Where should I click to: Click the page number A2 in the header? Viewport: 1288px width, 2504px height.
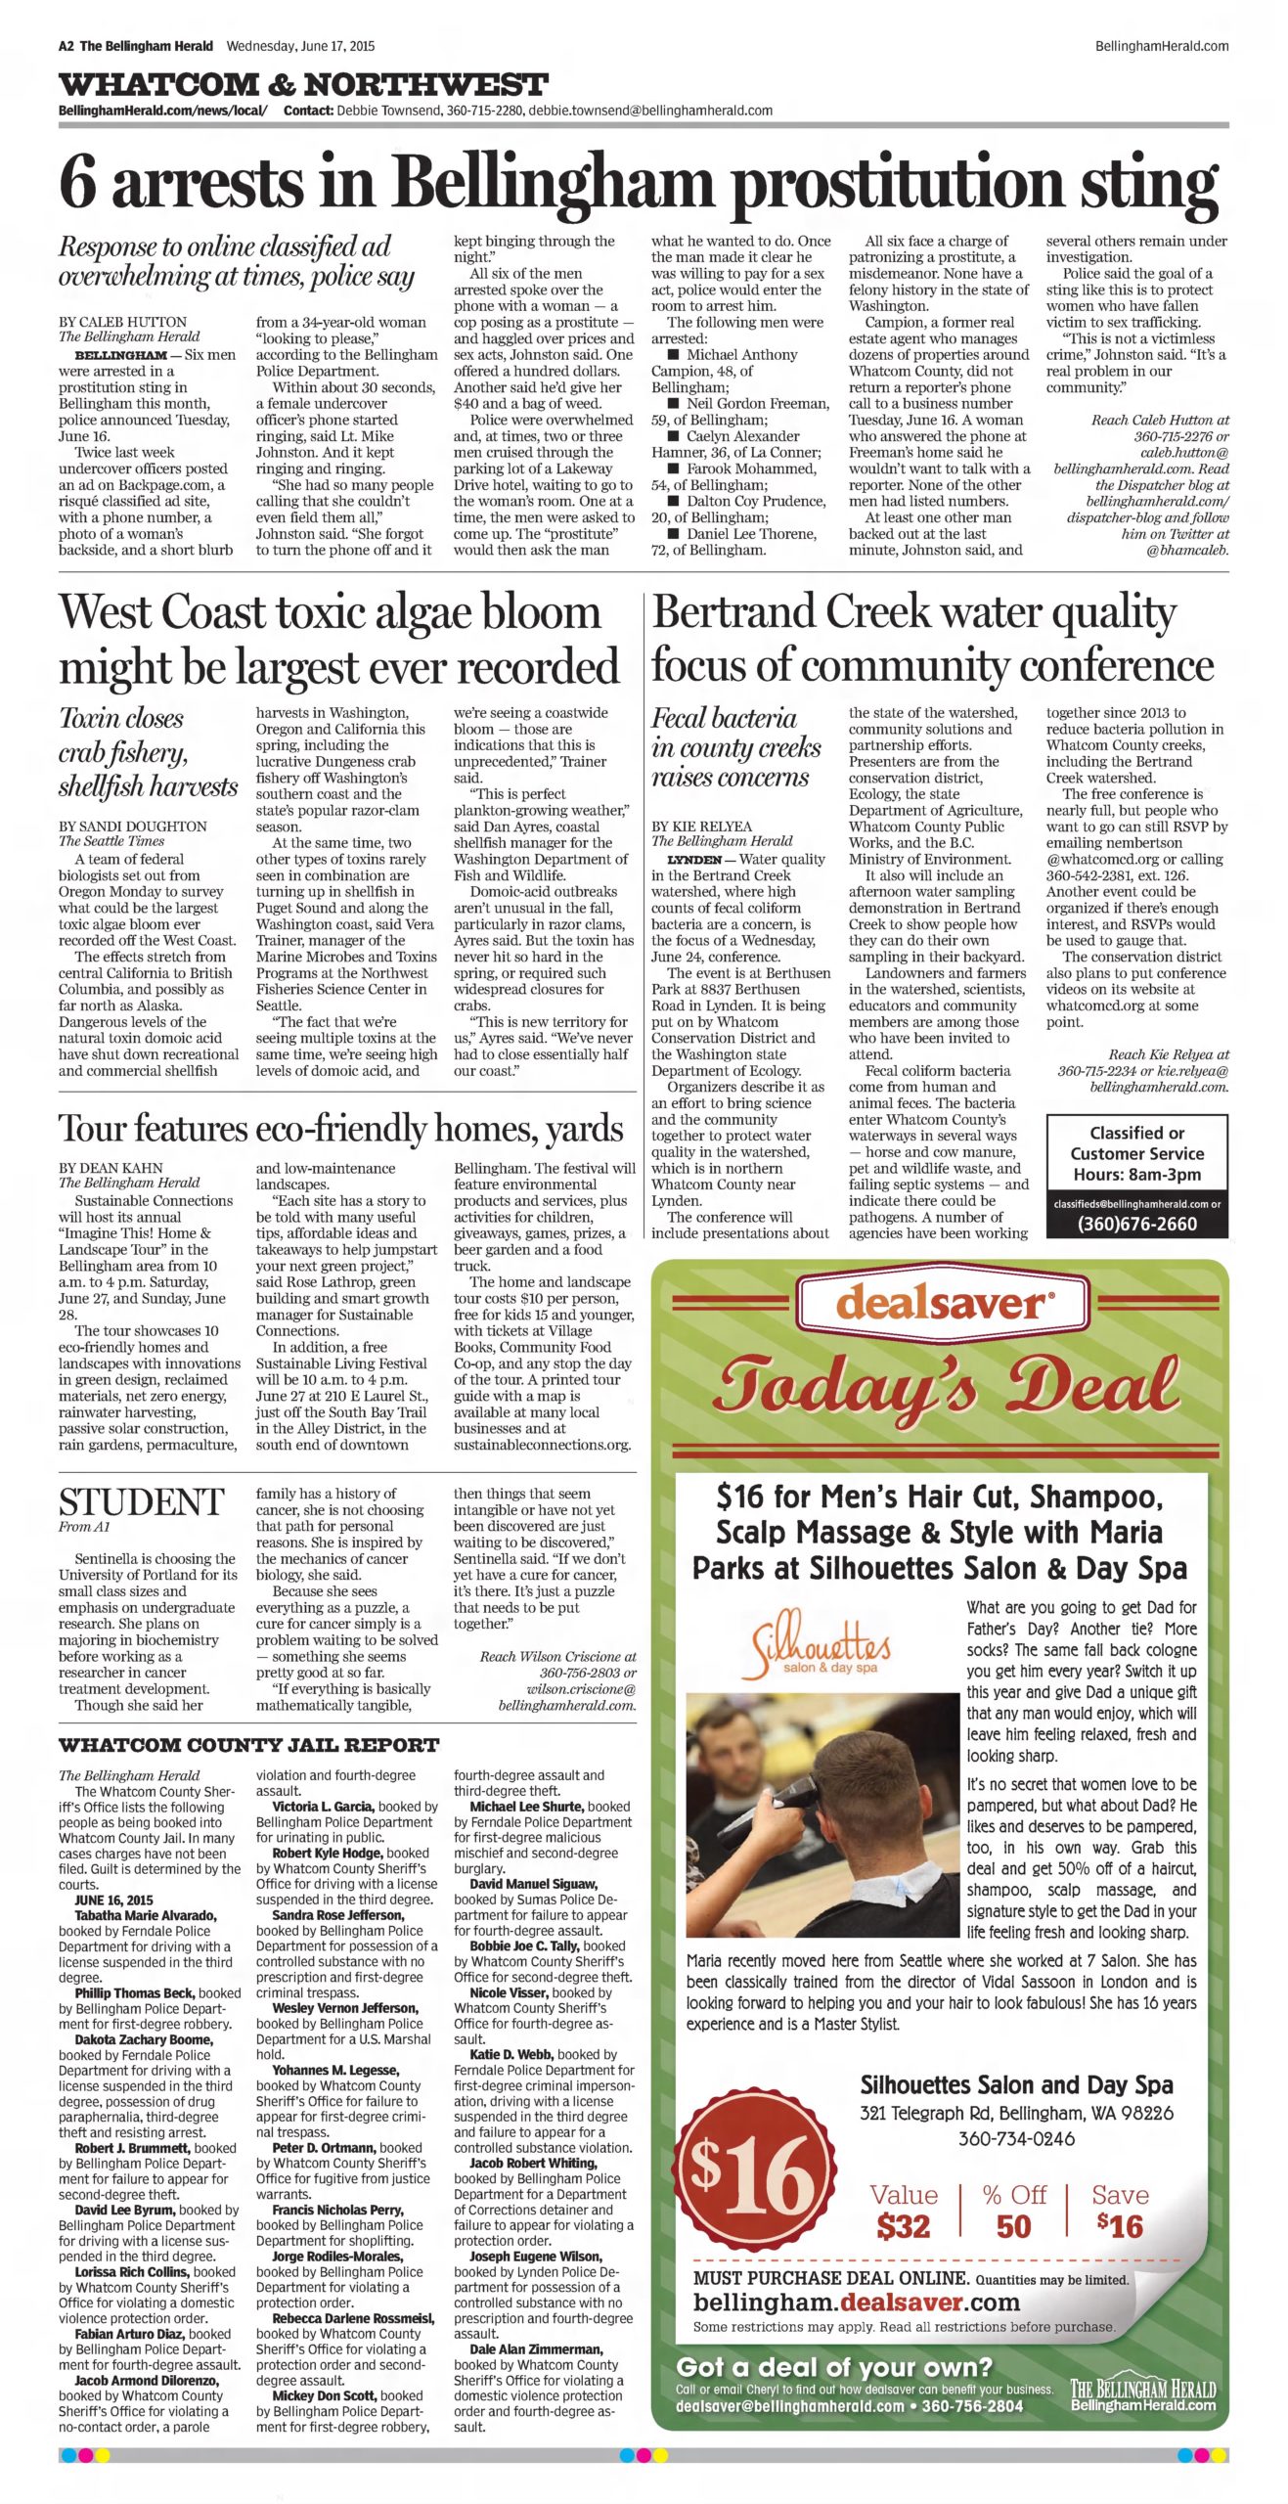tap(66, 46)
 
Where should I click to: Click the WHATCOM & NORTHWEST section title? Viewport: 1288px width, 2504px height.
tap(302, 84)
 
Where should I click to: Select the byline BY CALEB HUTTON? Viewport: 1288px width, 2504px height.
tap(122, 322)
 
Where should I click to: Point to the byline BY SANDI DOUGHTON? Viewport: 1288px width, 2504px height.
tap(132, 827)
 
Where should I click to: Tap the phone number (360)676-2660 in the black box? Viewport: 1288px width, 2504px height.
tap(1136, 1224)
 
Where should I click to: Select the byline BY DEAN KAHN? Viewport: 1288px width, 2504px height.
tap(111, 1168)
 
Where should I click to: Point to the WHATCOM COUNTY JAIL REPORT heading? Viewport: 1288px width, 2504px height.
tap(248, 1745)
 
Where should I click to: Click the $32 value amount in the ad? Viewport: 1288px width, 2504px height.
tap(903, 2227)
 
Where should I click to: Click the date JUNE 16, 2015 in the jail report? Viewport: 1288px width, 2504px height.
tap(113, 1900)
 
